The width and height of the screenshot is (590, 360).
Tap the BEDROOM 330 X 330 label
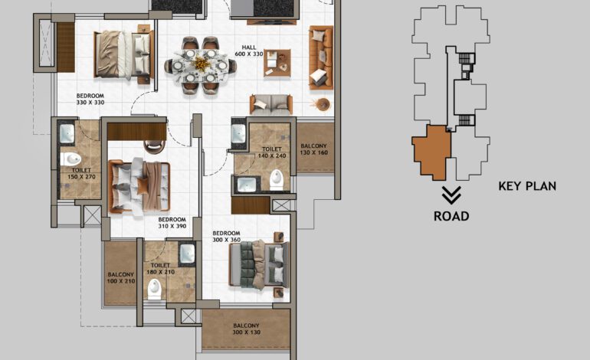click(90, 98)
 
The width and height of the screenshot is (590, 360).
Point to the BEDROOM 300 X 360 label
click(227, 236)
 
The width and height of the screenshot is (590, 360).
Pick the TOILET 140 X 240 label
click(273, 152)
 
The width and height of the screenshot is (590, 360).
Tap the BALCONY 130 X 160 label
click(313, 149)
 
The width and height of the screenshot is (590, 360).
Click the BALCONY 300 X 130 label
click(246, 329)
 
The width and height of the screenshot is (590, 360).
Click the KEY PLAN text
click(527, 185)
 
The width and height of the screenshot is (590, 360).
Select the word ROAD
click(451, 216)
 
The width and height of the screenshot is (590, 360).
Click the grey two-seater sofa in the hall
click(270, 104)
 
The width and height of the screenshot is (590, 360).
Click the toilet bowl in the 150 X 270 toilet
click(73, 160)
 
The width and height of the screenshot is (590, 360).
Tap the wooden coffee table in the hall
click(277, 63)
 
